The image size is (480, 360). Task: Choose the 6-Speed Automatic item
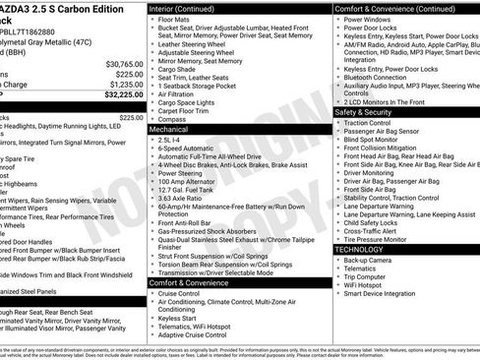(x=192, y=148)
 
